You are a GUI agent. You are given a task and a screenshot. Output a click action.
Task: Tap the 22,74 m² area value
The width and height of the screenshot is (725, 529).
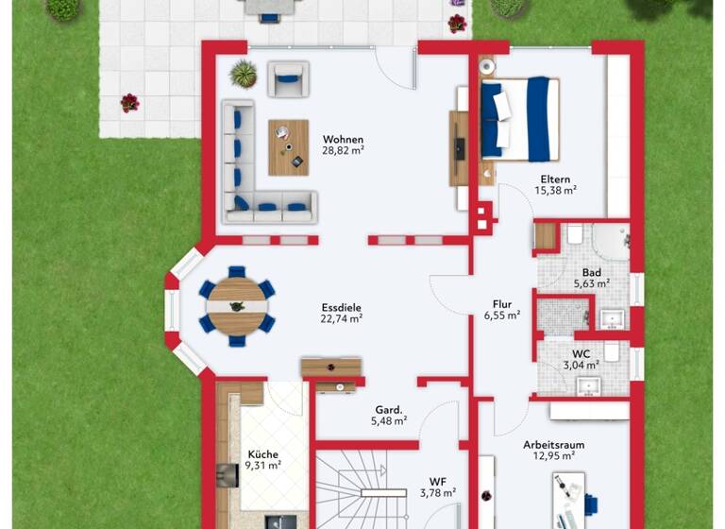[342, 319]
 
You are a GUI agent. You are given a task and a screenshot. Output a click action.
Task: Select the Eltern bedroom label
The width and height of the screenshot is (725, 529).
[555, 178]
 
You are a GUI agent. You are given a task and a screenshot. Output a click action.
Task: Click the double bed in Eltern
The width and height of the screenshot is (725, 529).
[519, 119]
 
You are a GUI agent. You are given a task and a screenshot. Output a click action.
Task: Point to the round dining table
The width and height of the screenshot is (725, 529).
[237, 305]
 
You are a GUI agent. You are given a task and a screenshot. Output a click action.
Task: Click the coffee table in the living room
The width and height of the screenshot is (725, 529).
[288, 147]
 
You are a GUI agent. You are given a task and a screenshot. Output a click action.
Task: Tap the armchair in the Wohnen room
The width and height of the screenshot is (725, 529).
[287, 79]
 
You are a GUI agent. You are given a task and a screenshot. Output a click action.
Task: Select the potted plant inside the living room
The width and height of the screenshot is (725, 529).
[244, 73]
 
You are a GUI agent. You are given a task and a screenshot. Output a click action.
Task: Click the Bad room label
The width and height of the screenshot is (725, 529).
[591, 271]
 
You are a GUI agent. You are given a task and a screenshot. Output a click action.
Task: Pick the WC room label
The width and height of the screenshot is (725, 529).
[582, 352]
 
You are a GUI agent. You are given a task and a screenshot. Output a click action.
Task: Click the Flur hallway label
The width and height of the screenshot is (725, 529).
[501, 304]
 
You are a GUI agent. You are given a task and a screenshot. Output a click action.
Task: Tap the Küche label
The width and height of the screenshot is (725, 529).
[262, 452]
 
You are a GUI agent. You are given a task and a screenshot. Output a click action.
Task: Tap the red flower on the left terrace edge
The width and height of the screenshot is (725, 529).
[129, 102]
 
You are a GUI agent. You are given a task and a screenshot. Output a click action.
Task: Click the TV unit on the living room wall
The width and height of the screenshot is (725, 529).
[458, 148]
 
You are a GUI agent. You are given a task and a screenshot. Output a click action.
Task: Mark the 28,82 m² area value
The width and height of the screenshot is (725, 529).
[344, 149]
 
